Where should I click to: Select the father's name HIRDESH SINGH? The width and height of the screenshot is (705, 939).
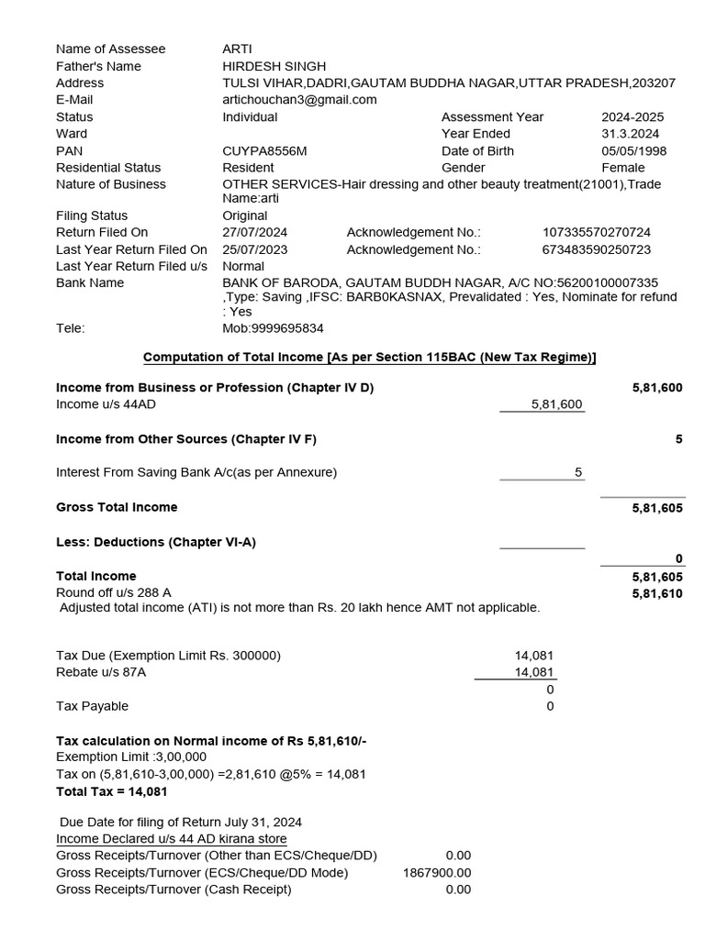[x=274, y=66]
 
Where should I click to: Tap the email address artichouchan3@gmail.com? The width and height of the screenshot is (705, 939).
[x=299, y=99]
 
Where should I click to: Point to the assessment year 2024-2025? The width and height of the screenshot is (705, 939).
[x=632, y=116]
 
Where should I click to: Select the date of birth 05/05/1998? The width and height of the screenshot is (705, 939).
[x=633, y=150]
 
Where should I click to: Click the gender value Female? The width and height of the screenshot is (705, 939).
[x=623, y=167]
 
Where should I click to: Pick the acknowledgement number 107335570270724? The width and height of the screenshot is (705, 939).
[x=597, y=232]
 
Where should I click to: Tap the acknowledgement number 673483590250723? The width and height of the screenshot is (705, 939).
[x=597, y=249]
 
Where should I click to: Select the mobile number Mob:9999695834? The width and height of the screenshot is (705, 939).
[x=273, y=327]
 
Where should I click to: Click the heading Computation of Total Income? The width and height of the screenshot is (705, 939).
[x=370, y=357]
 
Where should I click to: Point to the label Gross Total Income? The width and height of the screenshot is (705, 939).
[x=117, y=507]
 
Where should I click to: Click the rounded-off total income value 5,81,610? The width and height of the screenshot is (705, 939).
[x=657, y=593]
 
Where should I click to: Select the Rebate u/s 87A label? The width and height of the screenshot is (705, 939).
[x=101, y=672]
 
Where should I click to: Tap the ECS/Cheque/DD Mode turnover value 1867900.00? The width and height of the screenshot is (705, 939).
[x=437, y=873]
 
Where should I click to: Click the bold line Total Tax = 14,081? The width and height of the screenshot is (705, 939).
[x=111, y=790]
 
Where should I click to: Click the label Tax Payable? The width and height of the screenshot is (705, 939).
[x=92, y=706]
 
